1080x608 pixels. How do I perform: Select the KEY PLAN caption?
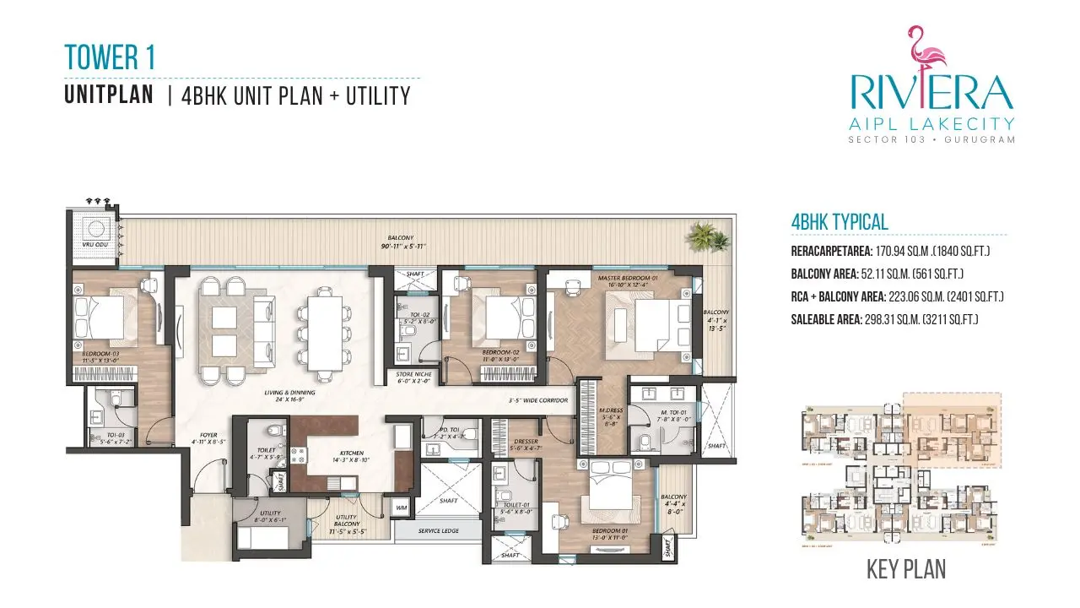pyautogui.click(x=905, y=569)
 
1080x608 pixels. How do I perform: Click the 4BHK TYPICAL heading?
pyautogui.click(x=840, y=222)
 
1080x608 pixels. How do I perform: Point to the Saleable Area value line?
pyautogui.click(x=884, y=319)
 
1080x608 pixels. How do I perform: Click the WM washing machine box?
pyautogui.click(x=400, y=508)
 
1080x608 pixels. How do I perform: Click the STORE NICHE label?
pyautogui.click(x=413, y=374)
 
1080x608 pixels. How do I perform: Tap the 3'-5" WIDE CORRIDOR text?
pyautogui.click(x=537, y=400)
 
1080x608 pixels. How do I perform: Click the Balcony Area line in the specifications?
pyautogui.click(x=877, y=274)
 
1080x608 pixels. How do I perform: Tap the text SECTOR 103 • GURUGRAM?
pyautogui.click(x=931, y=138)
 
